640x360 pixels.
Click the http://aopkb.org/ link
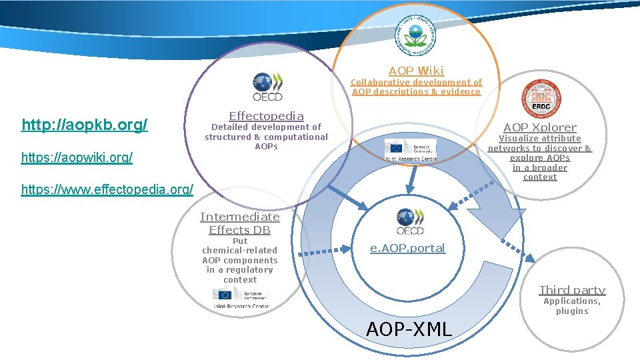(85, 125)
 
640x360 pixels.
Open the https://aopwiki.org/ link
(77, 158)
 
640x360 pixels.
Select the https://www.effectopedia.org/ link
(107, 189)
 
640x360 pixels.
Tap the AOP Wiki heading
(416, 70)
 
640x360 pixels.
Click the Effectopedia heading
(266, 115)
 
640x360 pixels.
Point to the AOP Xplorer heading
(539, 127)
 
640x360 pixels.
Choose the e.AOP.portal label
(407, 248)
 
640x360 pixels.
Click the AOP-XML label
(409, 328)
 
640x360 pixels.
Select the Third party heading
(571, 290)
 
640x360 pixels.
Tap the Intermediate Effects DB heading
(240, 223)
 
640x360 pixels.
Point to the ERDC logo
(541, 97)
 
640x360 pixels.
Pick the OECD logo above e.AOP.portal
(409, 221)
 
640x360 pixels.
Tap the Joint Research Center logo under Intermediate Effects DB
(240, 297)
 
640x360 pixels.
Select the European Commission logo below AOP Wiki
(411, 150)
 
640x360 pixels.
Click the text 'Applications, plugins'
(572, 306)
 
